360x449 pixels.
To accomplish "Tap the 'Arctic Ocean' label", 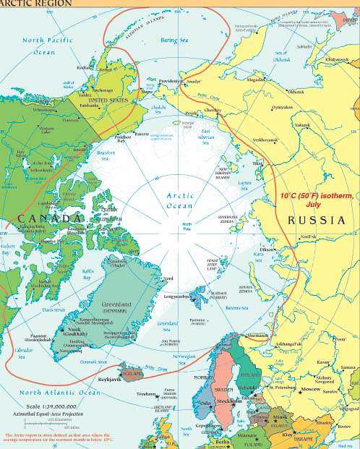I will coord(180,200).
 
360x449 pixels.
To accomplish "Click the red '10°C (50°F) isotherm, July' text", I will coord(312,200).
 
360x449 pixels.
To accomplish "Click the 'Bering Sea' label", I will coord(173,40).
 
